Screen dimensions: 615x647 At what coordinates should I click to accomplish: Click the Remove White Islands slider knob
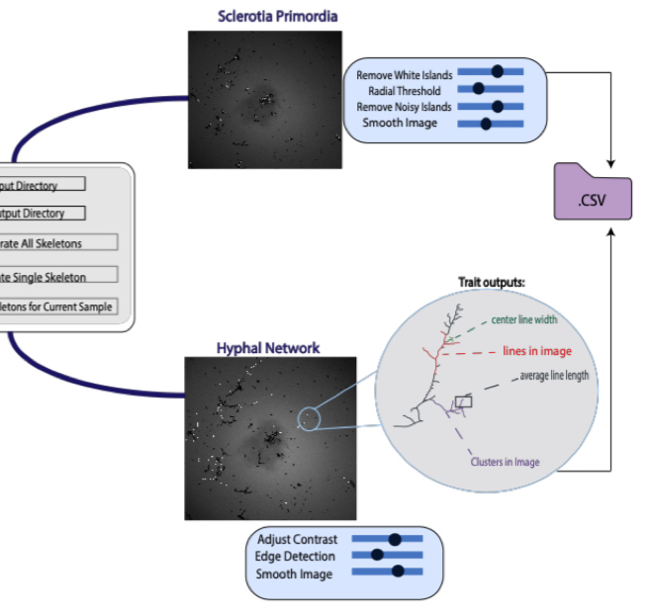tap(497, 71)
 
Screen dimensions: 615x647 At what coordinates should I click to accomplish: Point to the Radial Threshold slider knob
tap(478, 88)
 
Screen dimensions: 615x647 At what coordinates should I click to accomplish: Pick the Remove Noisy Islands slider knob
tap(497, 106)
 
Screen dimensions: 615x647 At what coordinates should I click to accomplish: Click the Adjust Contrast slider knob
tap(395, 539)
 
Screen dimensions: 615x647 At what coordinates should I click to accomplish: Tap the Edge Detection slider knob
tap(376, 556)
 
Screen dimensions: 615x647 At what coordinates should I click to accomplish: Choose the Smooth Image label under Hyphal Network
tap(296, 573)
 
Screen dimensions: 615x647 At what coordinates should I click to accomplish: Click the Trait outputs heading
tap(491, 282)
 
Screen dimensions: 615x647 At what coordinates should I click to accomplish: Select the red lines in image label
tap(537, 351)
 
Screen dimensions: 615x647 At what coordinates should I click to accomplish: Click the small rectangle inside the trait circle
tap(463, 401)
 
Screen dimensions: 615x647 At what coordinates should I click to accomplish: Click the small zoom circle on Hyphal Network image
tap(311, 419)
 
